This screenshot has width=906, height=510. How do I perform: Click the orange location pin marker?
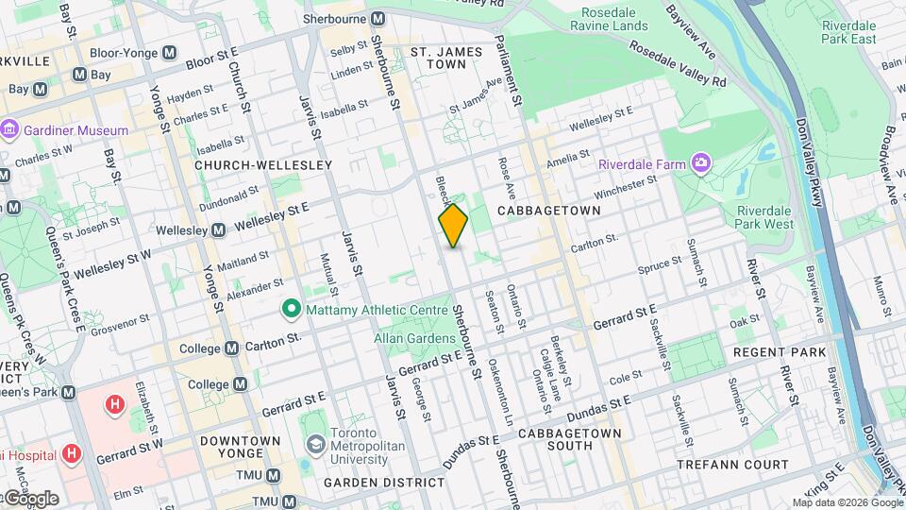(453, 226)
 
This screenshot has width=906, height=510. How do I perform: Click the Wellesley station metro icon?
(218, 230)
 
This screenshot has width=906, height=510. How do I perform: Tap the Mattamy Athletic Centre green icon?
(292, 309)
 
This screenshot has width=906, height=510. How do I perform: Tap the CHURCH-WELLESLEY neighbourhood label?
(263, 165)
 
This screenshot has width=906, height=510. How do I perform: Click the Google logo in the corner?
(30, 498)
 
